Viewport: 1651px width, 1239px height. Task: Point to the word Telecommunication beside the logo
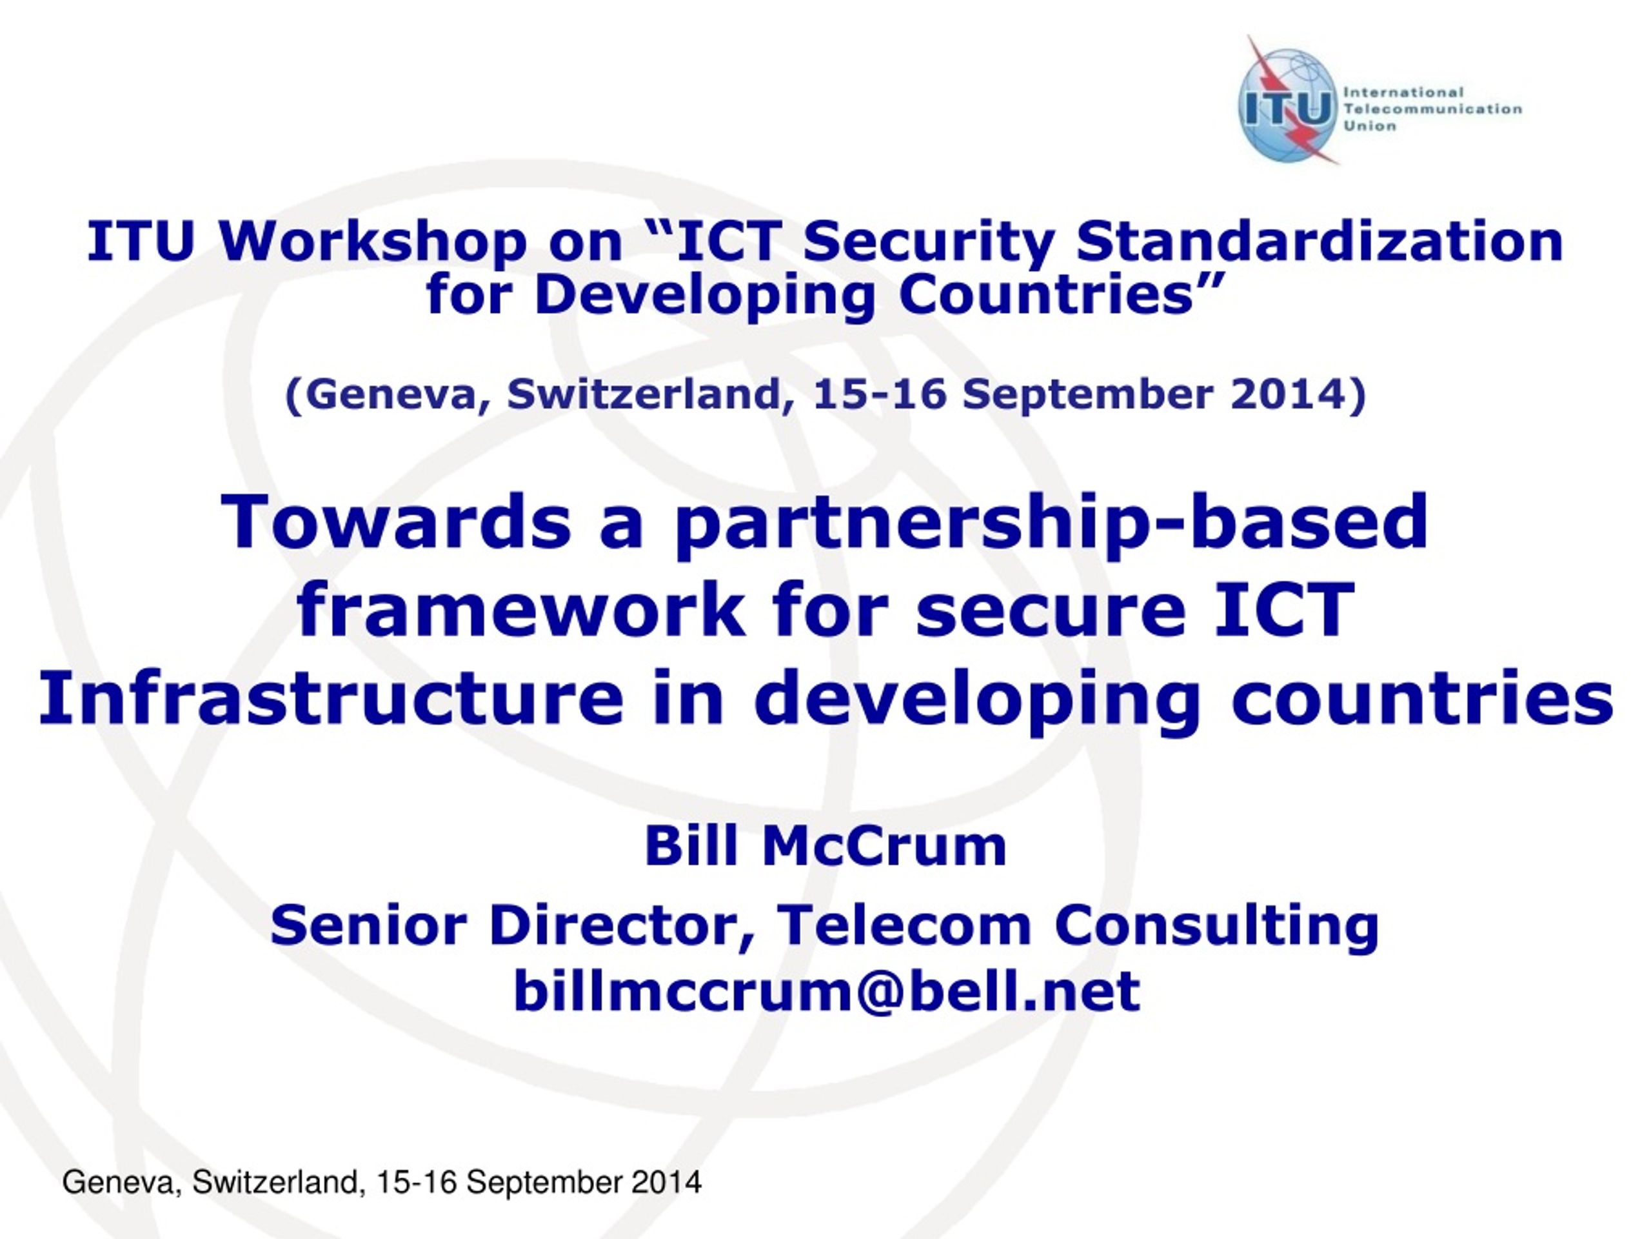pyautogui.click(x=1432, y=109)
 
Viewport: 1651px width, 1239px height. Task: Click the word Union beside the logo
pyautogui.click(x=1370, y=126)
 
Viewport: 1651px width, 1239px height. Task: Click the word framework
pyautogui.click(x=521, y=609)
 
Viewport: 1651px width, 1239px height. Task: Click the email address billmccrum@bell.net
pyautogui.click(x=826, y=992)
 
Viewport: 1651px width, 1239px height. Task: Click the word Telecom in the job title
pyautogui.click(x=904, y=925)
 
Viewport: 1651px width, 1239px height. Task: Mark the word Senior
pyautogui.click(x=369, y=925)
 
